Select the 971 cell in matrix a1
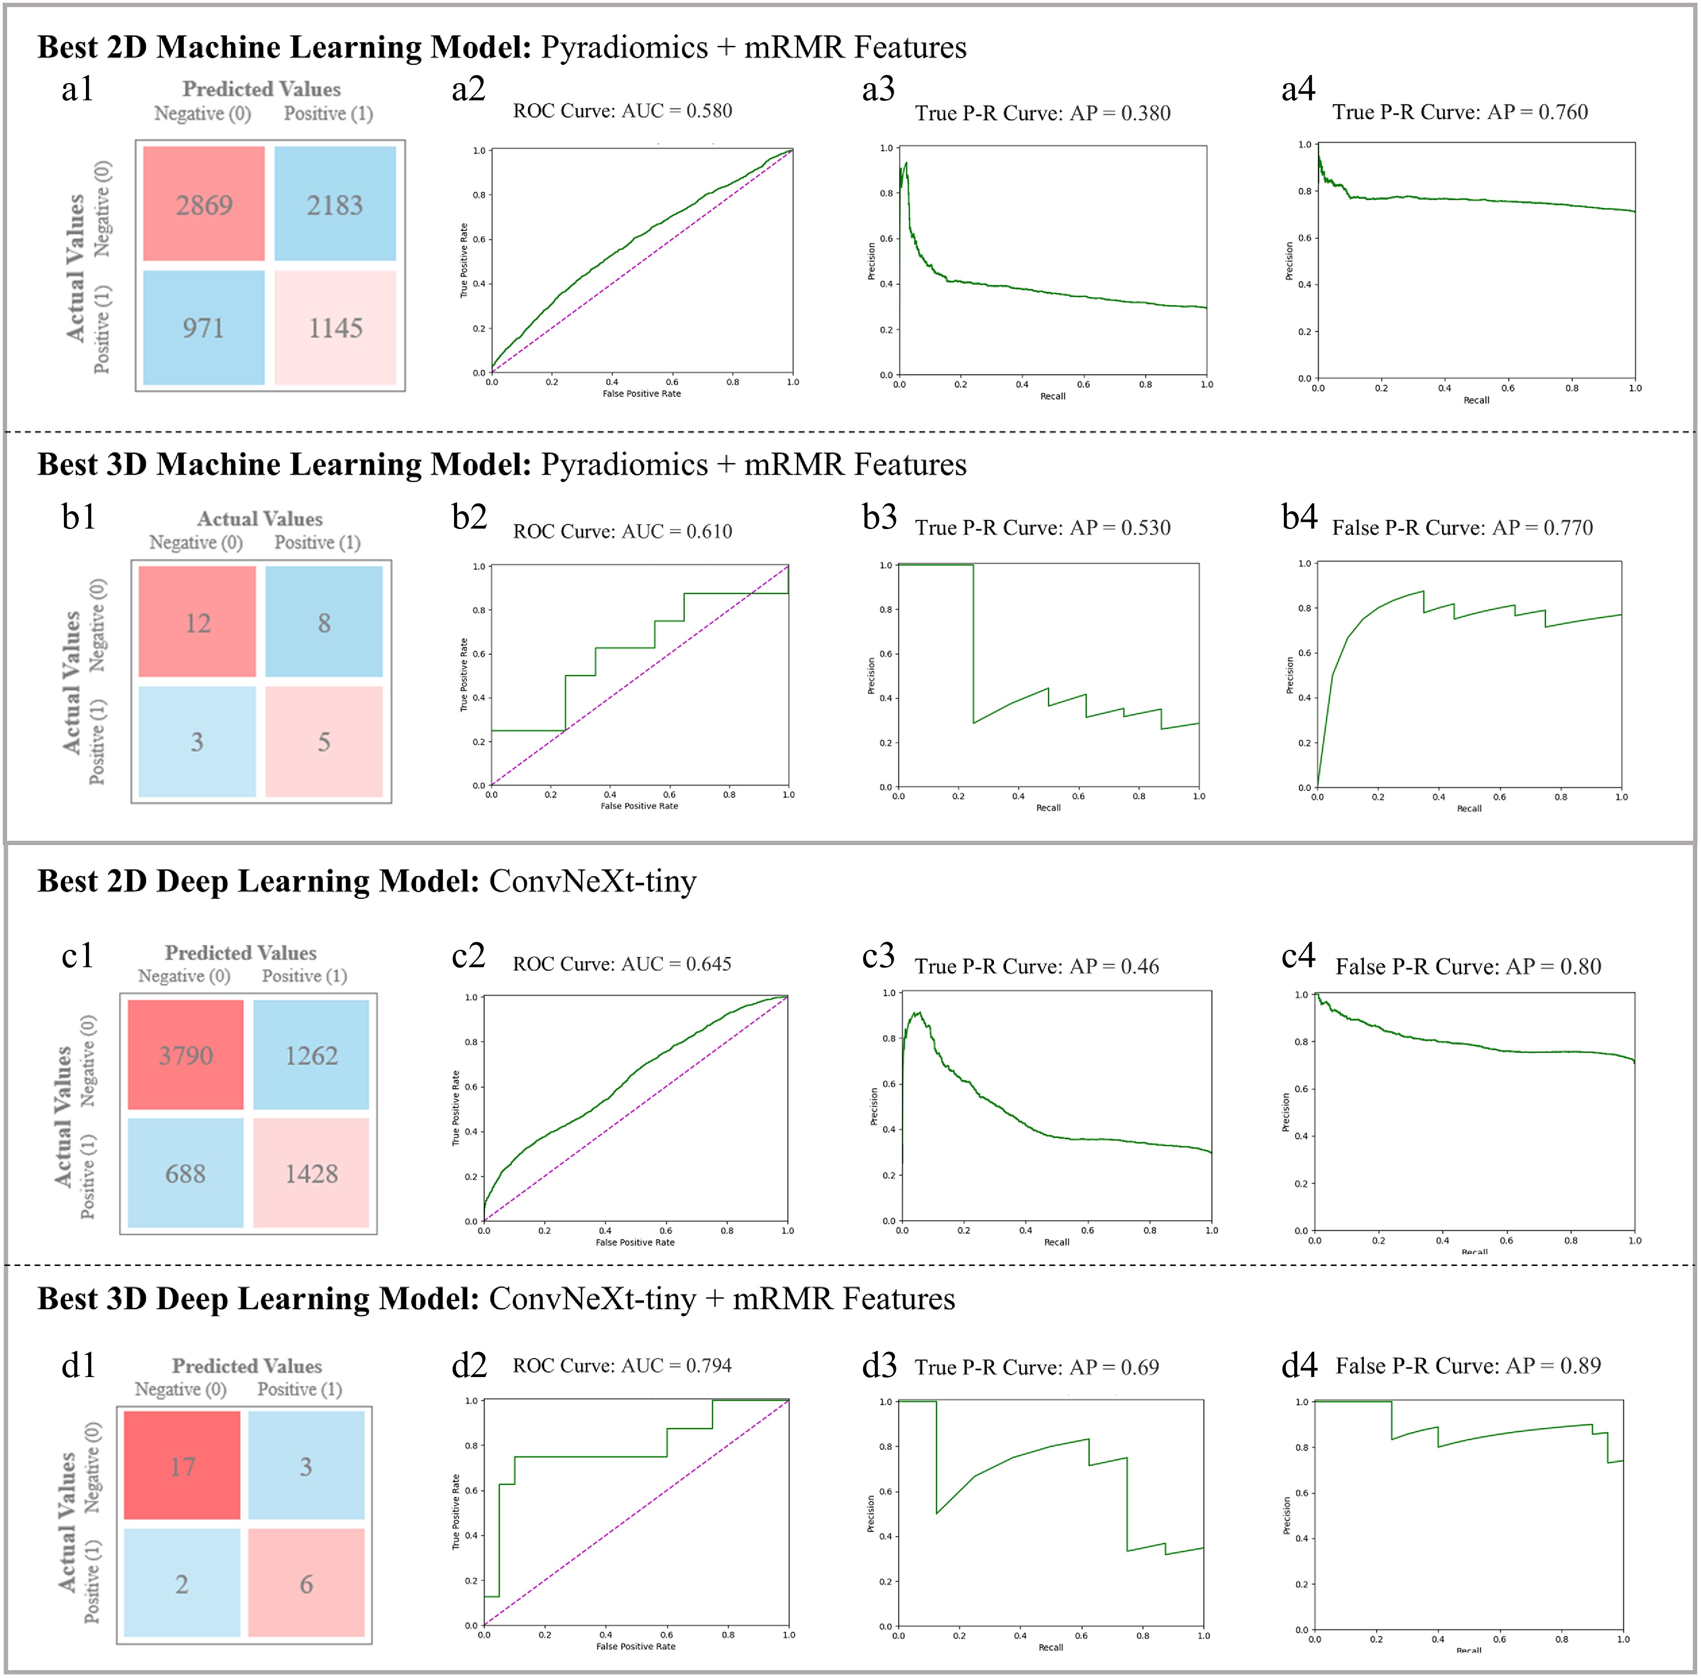[x=203, y=328]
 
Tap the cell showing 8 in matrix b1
[x=324, y=623]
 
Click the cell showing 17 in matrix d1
[x=182, y=1466]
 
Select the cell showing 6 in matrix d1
[x=306, y=1584]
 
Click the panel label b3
[x=879, y=517]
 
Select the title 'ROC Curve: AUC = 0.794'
[x=622, y=1365]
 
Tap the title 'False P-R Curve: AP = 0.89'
[x=1468, y=1365]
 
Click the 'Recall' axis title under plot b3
[x=1048, y=808]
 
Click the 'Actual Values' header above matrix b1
[x=260, y=519]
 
